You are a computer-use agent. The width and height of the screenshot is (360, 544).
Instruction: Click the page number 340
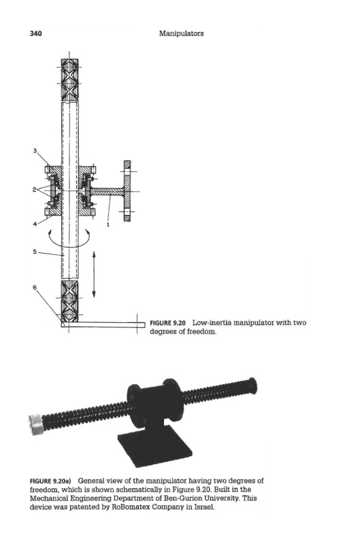[x=36, y=33]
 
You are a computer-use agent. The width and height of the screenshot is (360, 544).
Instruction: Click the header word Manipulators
[x=181, y=33]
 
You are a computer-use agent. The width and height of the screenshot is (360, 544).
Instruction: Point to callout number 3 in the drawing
[x=35, y=150]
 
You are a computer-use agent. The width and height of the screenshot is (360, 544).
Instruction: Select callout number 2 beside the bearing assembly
[x=35, y=189]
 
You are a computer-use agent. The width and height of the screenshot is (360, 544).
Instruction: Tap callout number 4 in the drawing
[x=35, y=224]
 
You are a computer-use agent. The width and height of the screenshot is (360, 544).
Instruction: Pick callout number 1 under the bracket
[x=108, y=224]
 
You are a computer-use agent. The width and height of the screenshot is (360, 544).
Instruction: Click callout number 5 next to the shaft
[x=35, y=252]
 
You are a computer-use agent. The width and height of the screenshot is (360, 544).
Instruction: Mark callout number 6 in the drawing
[x=35, y=287]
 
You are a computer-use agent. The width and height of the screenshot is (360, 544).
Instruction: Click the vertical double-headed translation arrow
[x=94, y=274]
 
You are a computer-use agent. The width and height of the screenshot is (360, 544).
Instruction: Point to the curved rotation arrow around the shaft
[x=69, y=245]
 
